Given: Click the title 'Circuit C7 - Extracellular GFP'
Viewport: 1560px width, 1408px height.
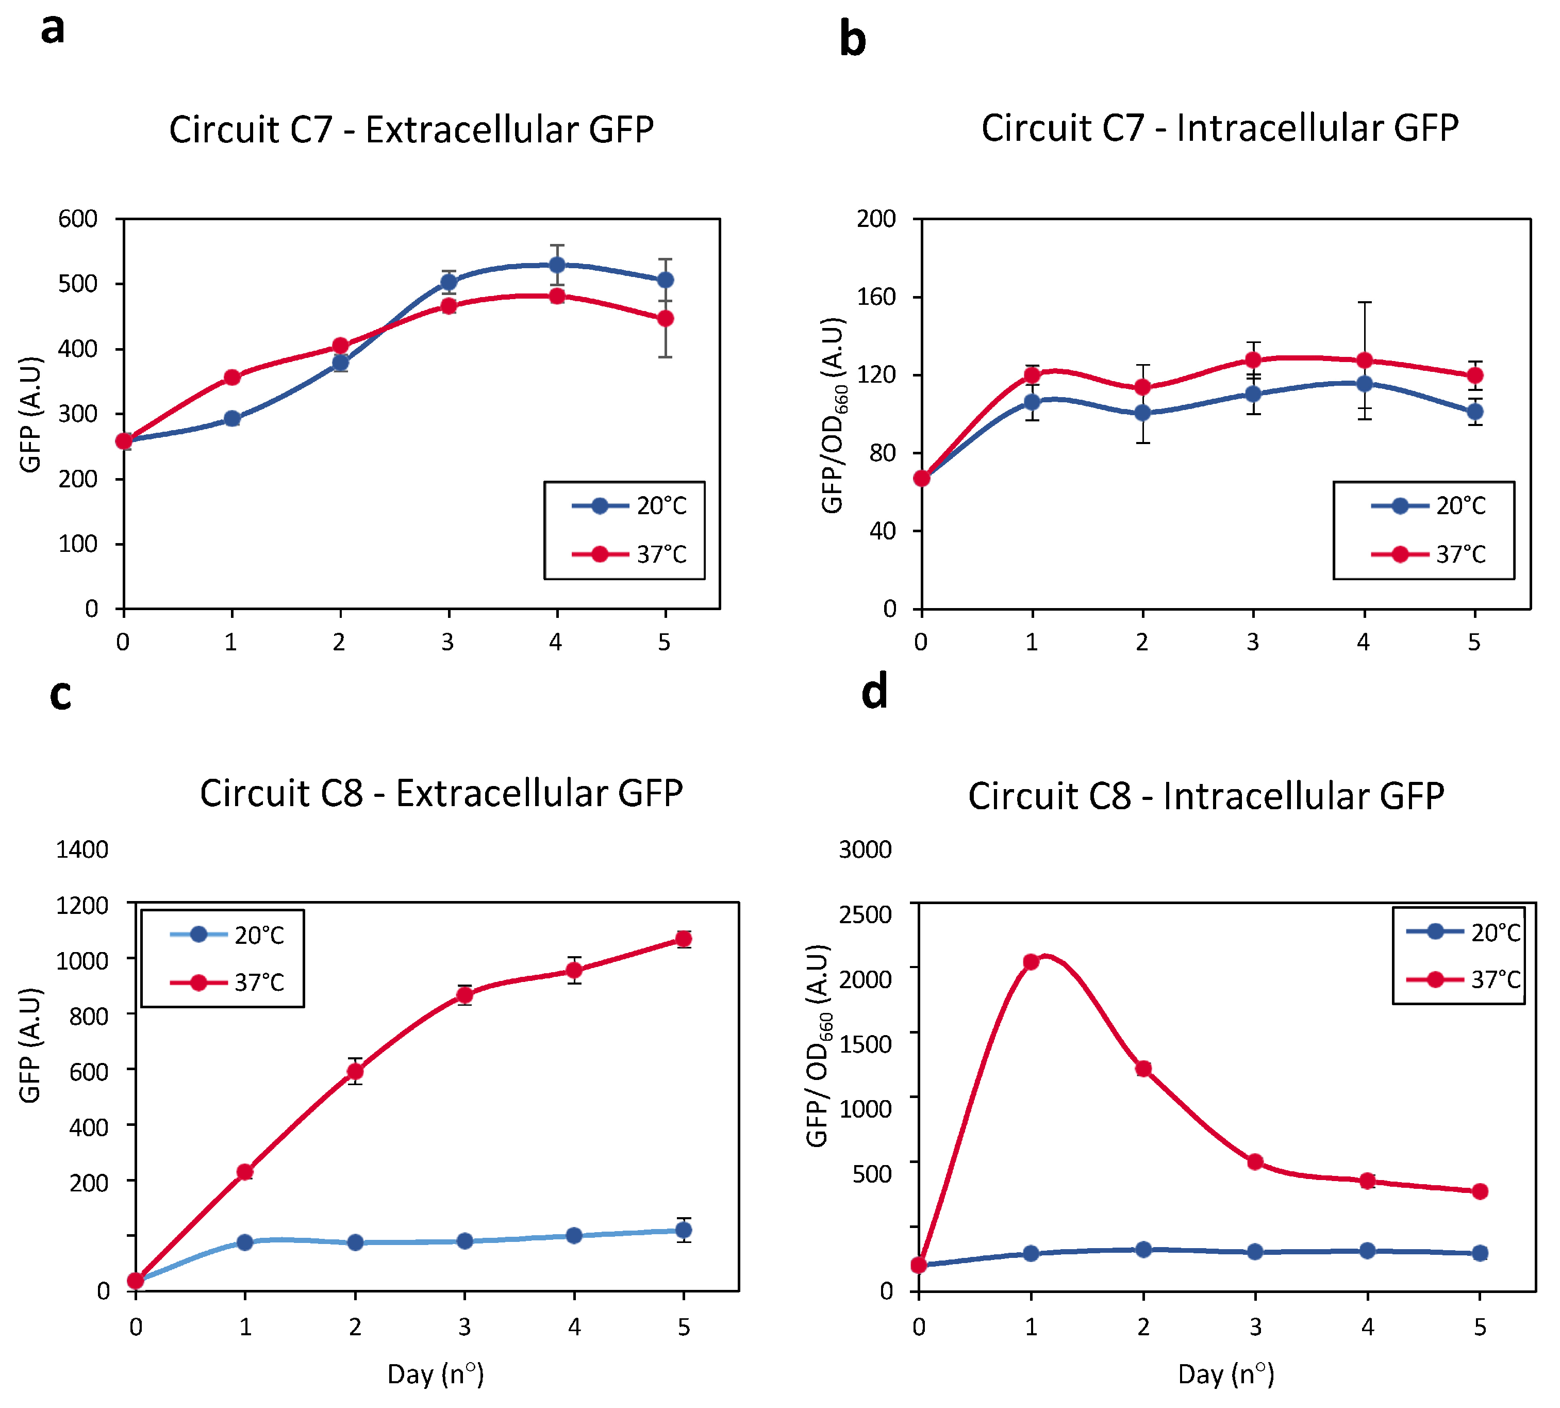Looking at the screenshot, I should point(411,129).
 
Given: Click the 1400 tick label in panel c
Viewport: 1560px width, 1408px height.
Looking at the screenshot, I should point(82,849).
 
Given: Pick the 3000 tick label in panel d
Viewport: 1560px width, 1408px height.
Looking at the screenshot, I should point(865,849).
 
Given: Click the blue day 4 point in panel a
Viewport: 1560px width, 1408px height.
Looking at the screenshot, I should point(557,265).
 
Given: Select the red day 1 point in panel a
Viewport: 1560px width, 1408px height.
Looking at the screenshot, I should point(232,378).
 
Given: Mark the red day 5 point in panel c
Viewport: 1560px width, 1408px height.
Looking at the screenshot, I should point(683,939).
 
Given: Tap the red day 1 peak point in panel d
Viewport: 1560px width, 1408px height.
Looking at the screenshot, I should point(1031,961).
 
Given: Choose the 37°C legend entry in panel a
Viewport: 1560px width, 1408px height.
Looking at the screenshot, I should point(628,554).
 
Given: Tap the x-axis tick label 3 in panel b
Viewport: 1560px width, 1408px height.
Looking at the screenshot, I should point(1252,642).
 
